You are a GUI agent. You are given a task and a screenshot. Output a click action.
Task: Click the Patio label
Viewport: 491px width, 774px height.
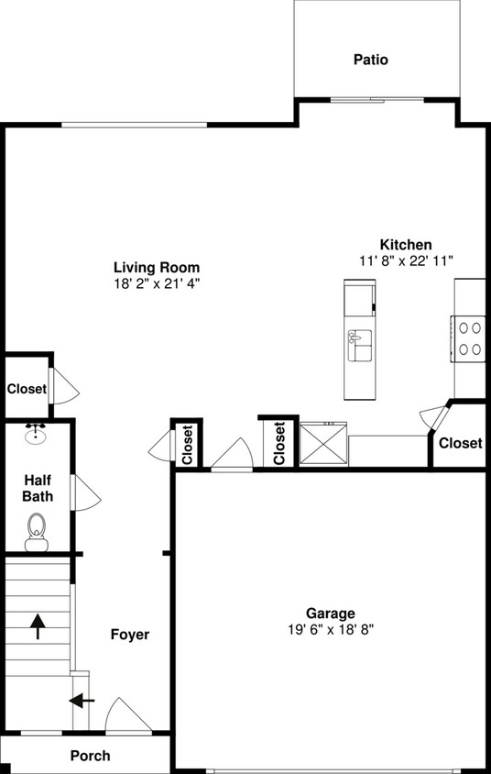coord(371,60)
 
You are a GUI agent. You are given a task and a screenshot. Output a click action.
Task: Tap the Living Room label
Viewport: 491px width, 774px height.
coord(156,267)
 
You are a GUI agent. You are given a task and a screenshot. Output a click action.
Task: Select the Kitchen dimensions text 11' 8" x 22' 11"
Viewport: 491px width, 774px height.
coord(407,260)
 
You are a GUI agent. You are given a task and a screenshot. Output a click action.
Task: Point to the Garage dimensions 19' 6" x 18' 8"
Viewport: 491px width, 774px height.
coord(331,629)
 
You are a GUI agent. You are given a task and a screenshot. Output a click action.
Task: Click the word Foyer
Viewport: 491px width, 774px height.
coord(130,635)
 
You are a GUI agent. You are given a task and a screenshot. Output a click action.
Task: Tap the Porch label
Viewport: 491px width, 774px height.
coord(90,756)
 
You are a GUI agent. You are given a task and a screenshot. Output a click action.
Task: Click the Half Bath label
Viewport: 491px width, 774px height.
coord(38,488)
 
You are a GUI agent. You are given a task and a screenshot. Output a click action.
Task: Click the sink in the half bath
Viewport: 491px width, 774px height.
coord(37,433)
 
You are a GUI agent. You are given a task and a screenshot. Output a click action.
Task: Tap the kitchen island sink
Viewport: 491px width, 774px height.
coord(359,349)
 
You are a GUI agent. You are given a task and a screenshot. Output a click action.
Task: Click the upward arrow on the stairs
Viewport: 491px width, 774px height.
coord(38,626)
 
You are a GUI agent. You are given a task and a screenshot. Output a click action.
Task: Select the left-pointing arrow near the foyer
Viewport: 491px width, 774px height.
coord(82,702)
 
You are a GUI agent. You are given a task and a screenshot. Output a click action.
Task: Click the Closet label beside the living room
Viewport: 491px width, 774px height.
coord(27,389)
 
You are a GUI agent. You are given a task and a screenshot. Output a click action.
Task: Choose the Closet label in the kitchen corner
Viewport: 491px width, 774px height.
coord(460,443)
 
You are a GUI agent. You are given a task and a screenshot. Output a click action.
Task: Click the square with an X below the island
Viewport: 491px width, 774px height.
coord(323,444)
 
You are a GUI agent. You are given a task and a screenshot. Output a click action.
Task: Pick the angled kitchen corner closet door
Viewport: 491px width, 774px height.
coord(432,417)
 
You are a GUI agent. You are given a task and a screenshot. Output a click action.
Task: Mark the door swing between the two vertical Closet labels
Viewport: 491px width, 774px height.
coord(232,455)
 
